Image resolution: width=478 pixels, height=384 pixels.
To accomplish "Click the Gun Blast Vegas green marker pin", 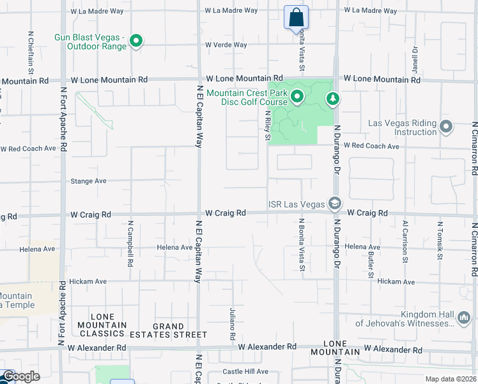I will [135, 42].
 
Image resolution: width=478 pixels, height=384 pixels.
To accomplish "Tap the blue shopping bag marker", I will [296, 17].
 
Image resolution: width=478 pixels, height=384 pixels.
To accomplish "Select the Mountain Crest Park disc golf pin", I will [297, 97].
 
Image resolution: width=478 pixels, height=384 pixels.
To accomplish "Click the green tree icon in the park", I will [332, 99].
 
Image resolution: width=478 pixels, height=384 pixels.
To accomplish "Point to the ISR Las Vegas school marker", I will [334, 204].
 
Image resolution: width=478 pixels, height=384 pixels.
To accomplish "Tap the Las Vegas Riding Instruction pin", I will [446, 127].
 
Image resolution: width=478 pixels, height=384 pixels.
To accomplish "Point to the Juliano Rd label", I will [233, 324].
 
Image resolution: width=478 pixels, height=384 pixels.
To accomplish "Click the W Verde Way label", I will [226, 45].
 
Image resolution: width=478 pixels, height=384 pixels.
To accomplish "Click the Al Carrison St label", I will [405, 241].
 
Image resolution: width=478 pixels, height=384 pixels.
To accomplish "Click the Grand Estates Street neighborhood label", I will [168, 330].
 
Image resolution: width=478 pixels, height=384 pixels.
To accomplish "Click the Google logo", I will [20, 377].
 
